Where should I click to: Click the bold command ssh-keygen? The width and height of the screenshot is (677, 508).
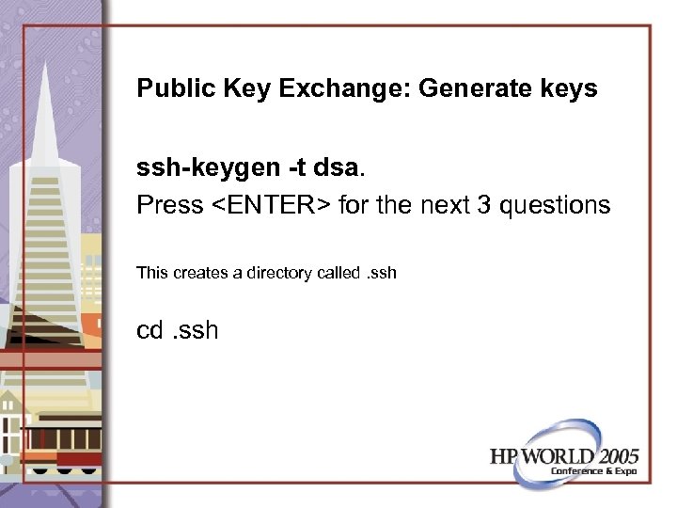[x=205, y=169]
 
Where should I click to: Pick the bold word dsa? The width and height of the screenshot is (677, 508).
[x=336, y=168]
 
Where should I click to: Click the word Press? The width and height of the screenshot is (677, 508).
[x=169, y=204]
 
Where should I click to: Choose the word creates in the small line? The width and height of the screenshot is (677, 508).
[x=204, y=273]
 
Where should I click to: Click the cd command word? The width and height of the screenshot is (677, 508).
[x=150, y=330]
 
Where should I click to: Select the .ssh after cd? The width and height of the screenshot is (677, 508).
[x=196, y=330]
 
